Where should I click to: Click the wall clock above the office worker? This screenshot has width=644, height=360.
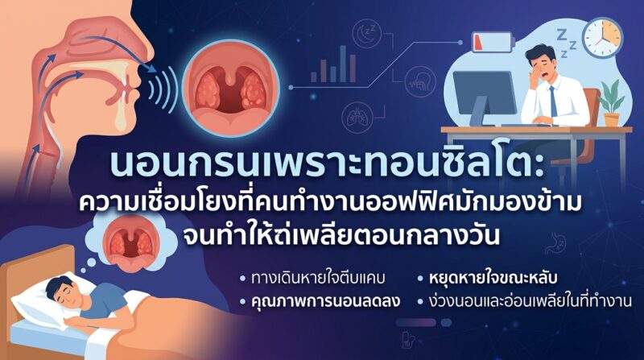point(602,38)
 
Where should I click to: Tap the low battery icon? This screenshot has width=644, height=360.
point(493,42)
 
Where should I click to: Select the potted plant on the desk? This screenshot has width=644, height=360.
point(612,103)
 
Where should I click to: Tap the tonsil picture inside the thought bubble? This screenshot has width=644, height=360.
point(131,242)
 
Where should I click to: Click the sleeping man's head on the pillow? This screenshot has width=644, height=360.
point(63,292)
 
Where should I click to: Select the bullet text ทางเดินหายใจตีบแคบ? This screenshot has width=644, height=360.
point(318,278)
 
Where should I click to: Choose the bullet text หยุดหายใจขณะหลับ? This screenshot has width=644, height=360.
point(493,278)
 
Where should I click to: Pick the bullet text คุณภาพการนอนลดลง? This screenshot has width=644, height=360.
point(325,301)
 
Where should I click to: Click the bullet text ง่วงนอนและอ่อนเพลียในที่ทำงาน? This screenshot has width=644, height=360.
point(530,301)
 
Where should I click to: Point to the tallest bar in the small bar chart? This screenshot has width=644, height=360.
point(343,64)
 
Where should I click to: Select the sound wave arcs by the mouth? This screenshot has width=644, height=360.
point(163,89)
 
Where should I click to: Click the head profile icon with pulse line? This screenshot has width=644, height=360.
point(419,82)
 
